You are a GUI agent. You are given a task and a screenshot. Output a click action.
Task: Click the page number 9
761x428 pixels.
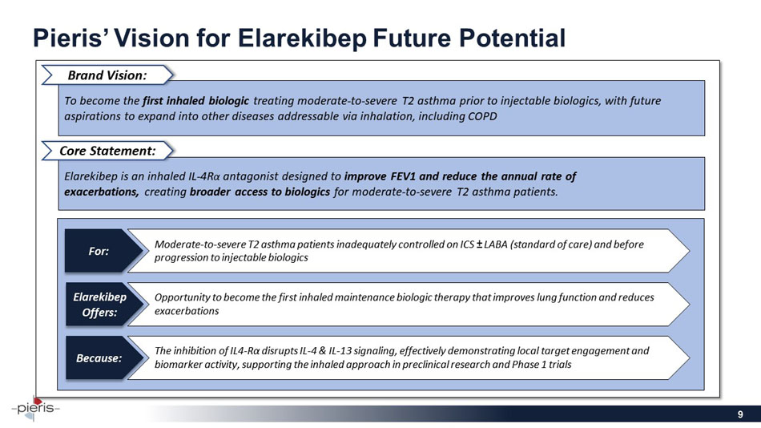[742, 414]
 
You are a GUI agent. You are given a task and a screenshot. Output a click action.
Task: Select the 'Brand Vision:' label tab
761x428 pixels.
[107, 75]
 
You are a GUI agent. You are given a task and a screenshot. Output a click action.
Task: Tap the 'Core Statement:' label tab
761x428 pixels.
[107, 150]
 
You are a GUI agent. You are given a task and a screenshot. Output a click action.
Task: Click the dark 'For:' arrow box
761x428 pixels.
[100, 250]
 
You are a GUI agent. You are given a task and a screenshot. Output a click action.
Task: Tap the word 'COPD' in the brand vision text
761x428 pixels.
[480, 116]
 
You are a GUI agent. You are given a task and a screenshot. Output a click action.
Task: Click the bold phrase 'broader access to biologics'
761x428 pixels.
[260, 192]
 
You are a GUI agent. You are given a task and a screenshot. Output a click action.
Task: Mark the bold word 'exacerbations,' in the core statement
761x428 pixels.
[102, 192]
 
